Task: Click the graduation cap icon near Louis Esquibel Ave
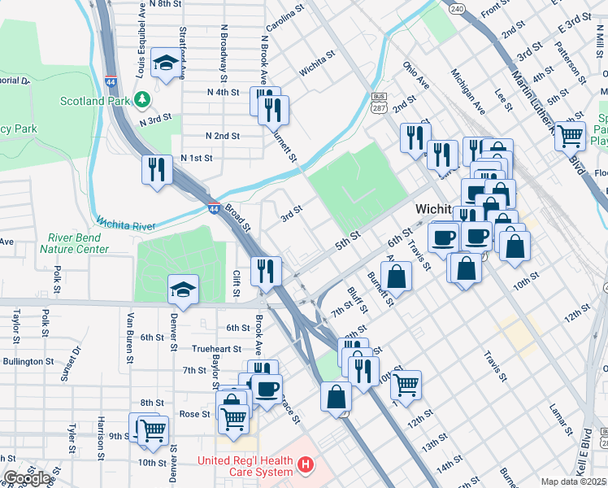pyautogui.click(x=166, y=63)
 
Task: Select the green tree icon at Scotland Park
pyautogui.click(x=143, y=99)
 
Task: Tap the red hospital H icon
pyautogui.click(x=305, y=465)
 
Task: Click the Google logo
pyautogui.click(x=28, y=478)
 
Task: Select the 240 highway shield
pyautogui.click(x=457, y=8)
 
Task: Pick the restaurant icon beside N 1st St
pyautogui.click(x=158, y=168)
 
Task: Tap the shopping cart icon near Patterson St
pyautogui.click(x=571, y=135)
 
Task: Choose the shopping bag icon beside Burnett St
pyautogui.click(x=396, y=276)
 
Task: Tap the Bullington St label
pyautogui.click(x=28, y=360)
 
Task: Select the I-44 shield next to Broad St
pyautogui.click(x=214, y=208)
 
